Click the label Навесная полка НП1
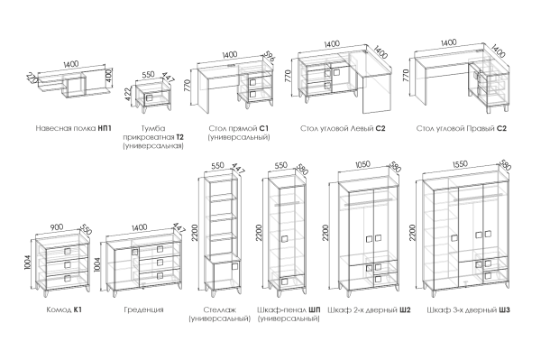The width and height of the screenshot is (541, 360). click(74, 128)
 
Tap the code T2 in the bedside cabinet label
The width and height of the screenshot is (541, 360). click(179, 137)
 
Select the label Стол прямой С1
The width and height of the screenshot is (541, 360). click(238, 128)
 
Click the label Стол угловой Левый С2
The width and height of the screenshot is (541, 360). click(343, 128)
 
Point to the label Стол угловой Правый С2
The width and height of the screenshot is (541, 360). click(462, 128)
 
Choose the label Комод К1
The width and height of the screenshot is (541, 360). click(64, 309)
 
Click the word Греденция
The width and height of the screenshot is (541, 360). click(143, 309)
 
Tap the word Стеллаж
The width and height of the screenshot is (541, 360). click(219, 309)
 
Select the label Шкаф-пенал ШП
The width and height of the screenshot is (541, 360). click(289, 309)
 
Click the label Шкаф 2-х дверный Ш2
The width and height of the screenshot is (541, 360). click(369, 309)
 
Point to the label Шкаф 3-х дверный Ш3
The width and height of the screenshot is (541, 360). click(468, 309)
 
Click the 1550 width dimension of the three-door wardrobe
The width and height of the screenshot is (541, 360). click(461, 164)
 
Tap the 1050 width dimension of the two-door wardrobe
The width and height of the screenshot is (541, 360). click(362, 164)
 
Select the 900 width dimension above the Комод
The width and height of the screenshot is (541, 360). click(57, 227)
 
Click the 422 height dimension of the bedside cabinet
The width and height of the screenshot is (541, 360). click(128, 94)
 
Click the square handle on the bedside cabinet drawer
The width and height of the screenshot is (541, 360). click(150, 97)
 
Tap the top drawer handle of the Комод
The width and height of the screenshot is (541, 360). click(68, 251)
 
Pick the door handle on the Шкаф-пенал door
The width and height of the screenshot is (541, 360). click(284, 239)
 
